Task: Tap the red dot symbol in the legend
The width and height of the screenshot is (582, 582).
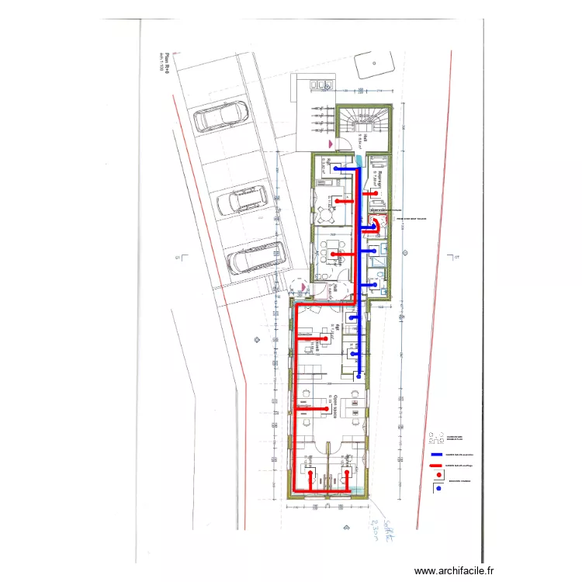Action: coord(440,475)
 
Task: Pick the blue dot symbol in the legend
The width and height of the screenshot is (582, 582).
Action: coord(440,488)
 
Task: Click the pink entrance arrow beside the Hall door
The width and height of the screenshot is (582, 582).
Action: coord(331,144)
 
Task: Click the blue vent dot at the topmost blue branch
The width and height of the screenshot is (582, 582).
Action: coord(334,168)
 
